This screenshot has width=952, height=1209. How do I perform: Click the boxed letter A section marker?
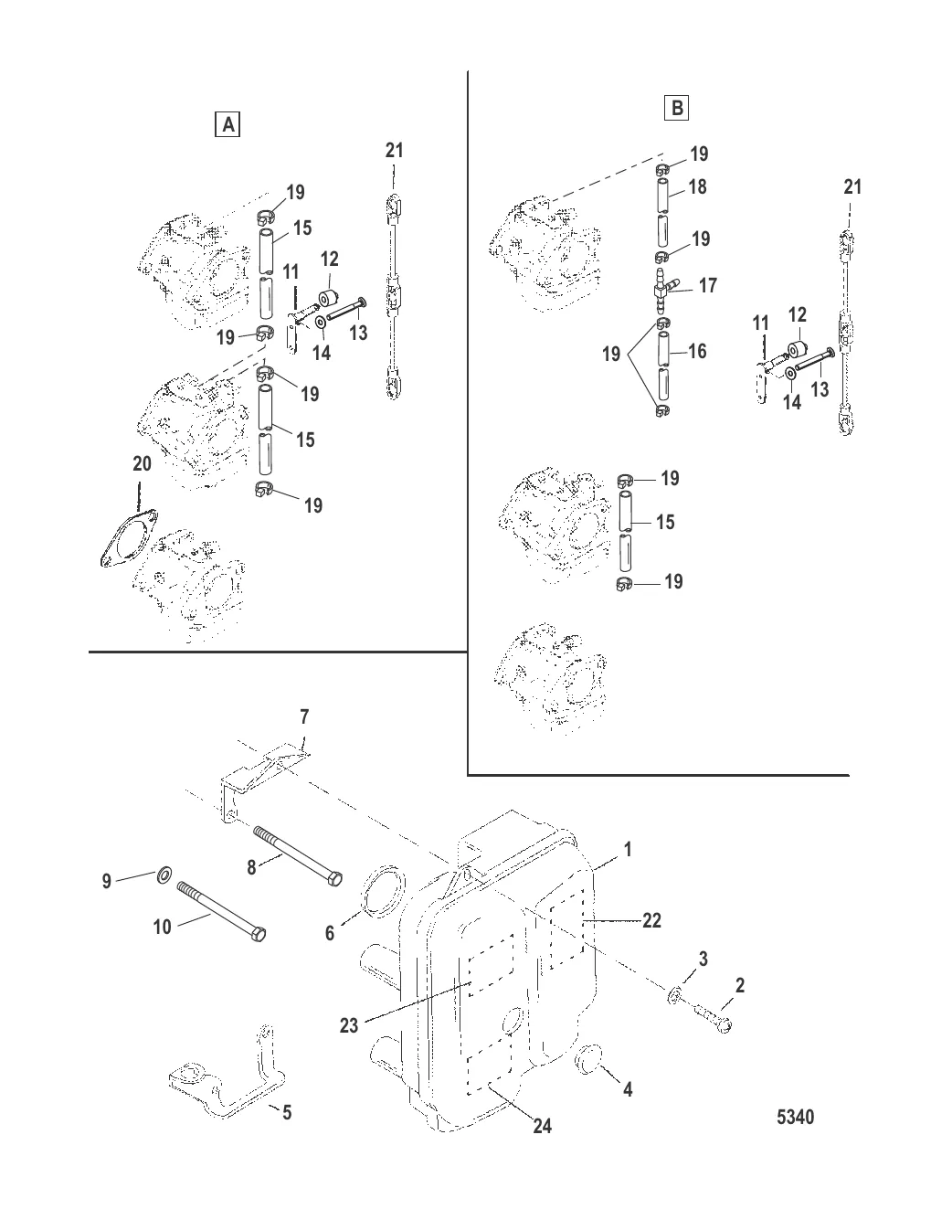(x=226, y=124)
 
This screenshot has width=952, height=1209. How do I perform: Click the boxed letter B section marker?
(x=676, y=109)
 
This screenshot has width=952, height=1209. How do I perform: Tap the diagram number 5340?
(x=794, y=1117)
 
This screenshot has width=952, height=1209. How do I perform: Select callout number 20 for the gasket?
(x=142, y=464)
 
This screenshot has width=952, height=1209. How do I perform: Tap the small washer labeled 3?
(x=675, y=993)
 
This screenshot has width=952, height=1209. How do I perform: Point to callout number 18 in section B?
(x=697, y=186)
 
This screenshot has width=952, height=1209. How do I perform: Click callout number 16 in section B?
(x=697, y=351)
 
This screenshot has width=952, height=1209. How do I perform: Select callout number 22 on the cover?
(x=651, y=920)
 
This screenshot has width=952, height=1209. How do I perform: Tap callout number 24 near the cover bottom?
(x=543, y=1127)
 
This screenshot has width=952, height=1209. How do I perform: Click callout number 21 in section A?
(x=394, y=150)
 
